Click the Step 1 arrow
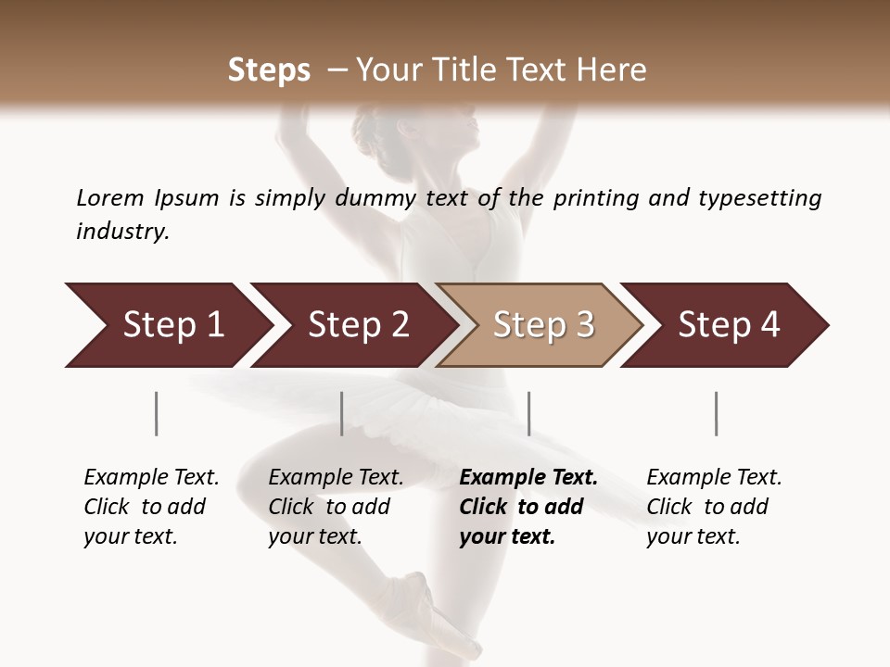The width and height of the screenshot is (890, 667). (167, 325)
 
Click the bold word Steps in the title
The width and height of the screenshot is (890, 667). (269, 70)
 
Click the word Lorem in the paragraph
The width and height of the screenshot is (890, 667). (110, 197)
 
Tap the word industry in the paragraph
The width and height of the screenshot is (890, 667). (122, 231)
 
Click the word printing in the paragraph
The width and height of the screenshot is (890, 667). (597, 197)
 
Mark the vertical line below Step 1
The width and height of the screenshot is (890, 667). (157, 413)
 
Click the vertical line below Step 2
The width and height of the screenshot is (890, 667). (342, 413)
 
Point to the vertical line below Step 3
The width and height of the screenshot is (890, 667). (528, 413)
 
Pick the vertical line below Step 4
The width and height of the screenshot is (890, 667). (716, 413)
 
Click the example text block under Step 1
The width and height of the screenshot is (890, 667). (151, 507)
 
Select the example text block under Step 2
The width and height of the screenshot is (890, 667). (336, 507)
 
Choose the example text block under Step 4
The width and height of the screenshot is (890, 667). (714, 507)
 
